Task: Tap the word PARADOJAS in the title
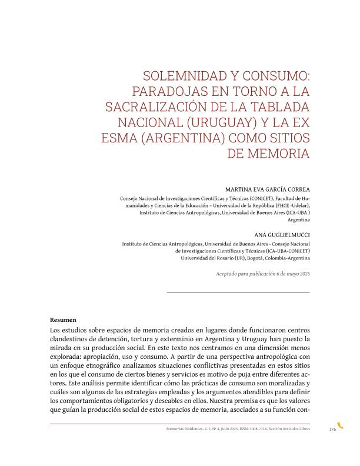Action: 165,92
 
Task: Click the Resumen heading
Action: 63,319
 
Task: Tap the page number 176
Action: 332,430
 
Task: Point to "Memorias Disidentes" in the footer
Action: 184,430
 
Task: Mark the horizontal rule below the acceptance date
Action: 238,292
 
